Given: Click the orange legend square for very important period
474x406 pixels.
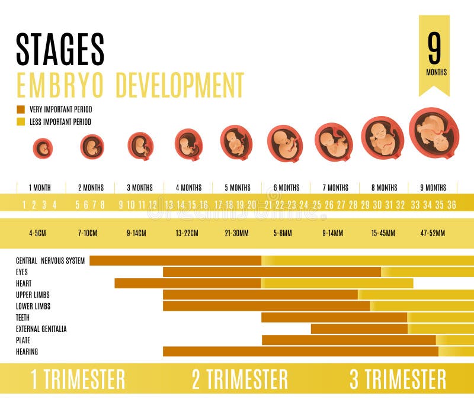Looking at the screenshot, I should click(x=21, y=109).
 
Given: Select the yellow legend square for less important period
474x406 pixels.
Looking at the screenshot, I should click(x=21, y=122).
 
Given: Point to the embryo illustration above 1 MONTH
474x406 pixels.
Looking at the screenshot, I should click(x=42, y=148).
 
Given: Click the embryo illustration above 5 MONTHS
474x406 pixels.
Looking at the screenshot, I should click(x=236, y=143).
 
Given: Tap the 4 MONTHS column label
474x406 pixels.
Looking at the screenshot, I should click(x=188, y=188).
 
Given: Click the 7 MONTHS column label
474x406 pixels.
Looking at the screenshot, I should click(x=335, y=188).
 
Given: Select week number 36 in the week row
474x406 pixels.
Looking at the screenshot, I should click(x=451, y=205).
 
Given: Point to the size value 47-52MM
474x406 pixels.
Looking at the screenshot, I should click(x=433, y=233).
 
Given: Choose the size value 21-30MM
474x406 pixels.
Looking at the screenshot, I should click(x=238, y=233).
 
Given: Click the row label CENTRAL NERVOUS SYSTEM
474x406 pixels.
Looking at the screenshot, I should click(x=50, y=260).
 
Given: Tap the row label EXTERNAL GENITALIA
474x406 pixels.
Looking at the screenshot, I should click(x=41, y=329).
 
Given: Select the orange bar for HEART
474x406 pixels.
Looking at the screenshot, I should click(x=187, y=283).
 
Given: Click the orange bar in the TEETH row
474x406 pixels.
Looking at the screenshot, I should click(x=334, y=318).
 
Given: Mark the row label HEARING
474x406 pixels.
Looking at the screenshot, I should click(x=27, y=352).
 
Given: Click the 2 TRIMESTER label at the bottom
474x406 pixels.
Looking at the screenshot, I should click(x=239, y=379).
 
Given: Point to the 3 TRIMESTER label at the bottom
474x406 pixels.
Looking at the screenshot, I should click(x=398, y=379).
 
